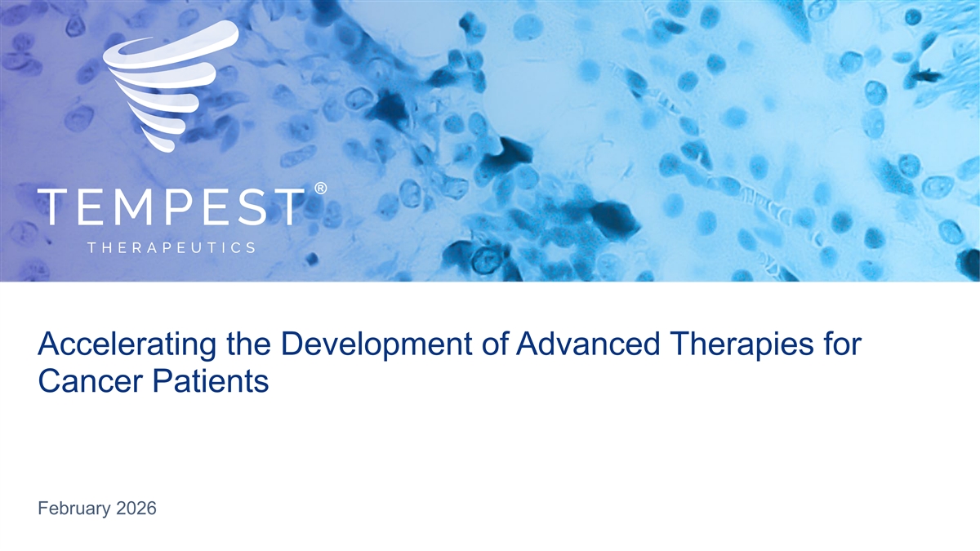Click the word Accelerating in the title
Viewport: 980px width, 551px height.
(127, 345)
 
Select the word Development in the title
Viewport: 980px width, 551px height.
(376, 345)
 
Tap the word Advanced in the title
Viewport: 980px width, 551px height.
(587, 344)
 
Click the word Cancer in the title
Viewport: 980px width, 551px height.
(91, 381)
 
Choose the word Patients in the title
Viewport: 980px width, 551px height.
(210, 381)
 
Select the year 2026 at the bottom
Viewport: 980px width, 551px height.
(136, 508)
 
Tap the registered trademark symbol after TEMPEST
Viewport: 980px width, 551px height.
(320, 188)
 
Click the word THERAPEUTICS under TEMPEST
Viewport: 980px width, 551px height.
(171, 248)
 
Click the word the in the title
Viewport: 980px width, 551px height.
(247, 344)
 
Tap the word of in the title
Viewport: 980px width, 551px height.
(494, 344)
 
